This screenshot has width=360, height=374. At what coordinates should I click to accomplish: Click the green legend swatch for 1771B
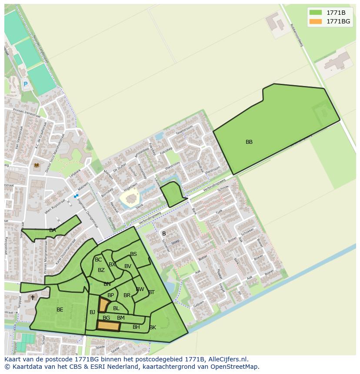(316, 12)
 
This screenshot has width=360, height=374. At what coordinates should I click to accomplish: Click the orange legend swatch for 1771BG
(316, 21)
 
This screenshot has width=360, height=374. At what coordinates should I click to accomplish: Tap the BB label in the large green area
(249, 142)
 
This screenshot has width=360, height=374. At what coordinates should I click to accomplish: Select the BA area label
(53, 230)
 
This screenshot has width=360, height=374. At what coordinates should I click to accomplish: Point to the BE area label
(60, 310)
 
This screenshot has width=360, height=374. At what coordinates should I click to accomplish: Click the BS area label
(133, 254)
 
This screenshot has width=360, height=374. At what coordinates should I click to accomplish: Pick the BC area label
(98, 260)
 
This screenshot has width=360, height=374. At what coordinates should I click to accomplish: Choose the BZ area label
(101, 270)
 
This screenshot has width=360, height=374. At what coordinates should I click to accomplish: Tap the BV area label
(128, 266)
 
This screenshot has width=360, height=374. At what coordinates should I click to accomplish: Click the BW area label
(140, 289)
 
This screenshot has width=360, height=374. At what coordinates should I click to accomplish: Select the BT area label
(151, 292)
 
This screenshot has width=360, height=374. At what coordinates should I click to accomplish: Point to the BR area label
(127, 295)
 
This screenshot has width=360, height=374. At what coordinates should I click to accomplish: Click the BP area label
(110, 295)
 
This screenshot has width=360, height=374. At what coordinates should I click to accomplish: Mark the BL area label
(116, 308)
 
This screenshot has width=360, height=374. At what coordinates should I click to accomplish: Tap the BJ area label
(92, 312)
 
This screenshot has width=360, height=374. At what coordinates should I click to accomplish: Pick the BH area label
(137, 327)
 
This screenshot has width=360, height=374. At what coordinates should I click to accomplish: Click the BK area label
(153, 328)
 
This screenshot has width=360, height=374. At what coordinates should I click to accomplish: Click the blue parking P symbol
(25, 84)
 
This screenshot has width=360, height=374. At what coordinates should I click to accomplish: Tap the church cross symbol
(33, 298)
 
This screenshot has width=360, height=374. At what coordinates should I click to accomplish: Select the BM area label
(121, 318)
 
